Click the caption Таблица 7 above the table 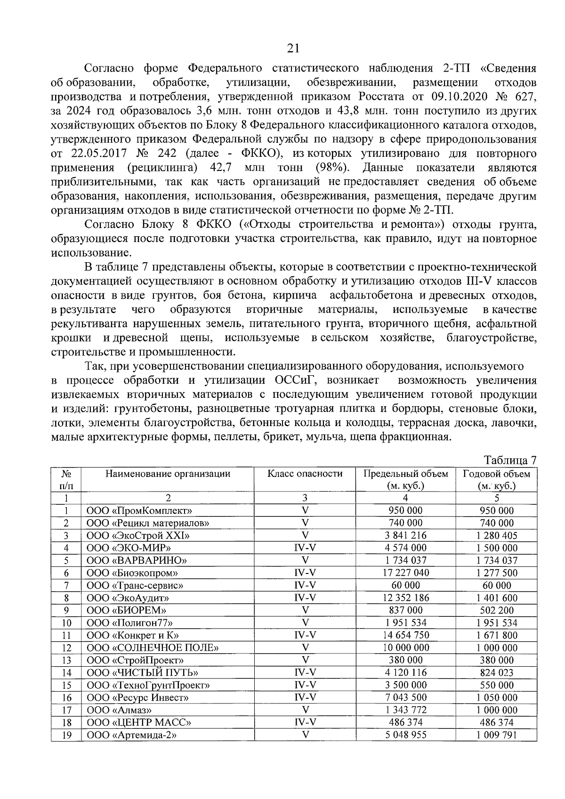pyautogui.click(x=510, y=460)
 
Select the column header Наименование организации pyautogui.click(x=168, y=474)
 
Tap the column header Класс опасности pyautogui.click(x=305, y=474)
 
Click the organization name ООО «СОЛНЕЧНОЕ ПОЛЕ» pyautogui.click(x=153, y=648)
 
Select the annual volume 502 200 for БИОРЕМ pyautogui.click(x=496, y=611)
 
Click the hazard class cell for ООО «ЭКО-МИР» pyautogui.click(x=305, y=548)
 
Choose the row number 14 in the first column pyautogui.click(x=66, y=673)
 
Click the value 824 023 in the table pyautogui.click(x=496, y=673)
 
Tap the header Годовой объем pyautogui.click(x=496, y=474)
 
